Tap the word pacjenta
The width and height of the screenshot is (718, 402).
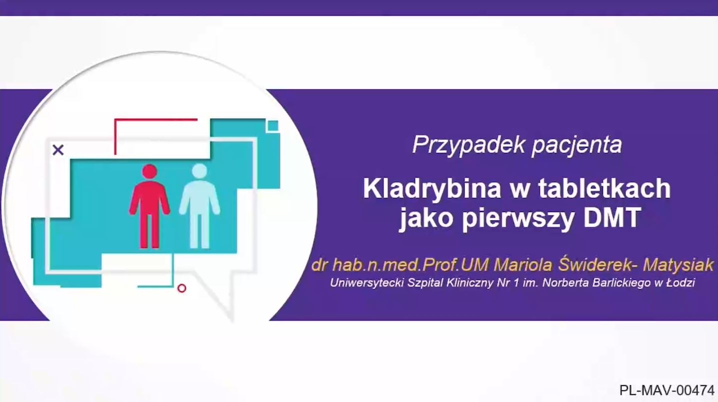pos(576,145)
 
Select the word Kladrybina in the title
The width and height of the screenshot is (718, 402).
pos(432,189)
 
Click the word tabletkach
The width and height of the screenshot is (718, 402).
pos(604,188)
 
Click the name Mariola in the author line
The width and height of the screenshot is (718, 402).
pos(523,265)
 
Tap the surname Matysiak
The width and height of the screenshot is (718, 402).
pos(678,265)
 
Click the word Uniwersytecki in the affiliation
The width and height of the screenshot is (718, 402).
pos(366,282)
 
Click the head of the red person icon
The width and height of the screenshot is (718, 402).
pos(149,171)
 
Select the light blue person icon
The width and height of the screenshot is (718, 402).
pos(199,206)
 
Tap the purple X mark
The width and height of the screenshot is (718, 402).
pos(58,149)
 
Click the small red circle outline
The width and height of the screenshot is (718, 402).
pos(181,288)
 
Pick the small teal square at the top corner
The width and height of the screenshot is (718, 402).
pos(273,125)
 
